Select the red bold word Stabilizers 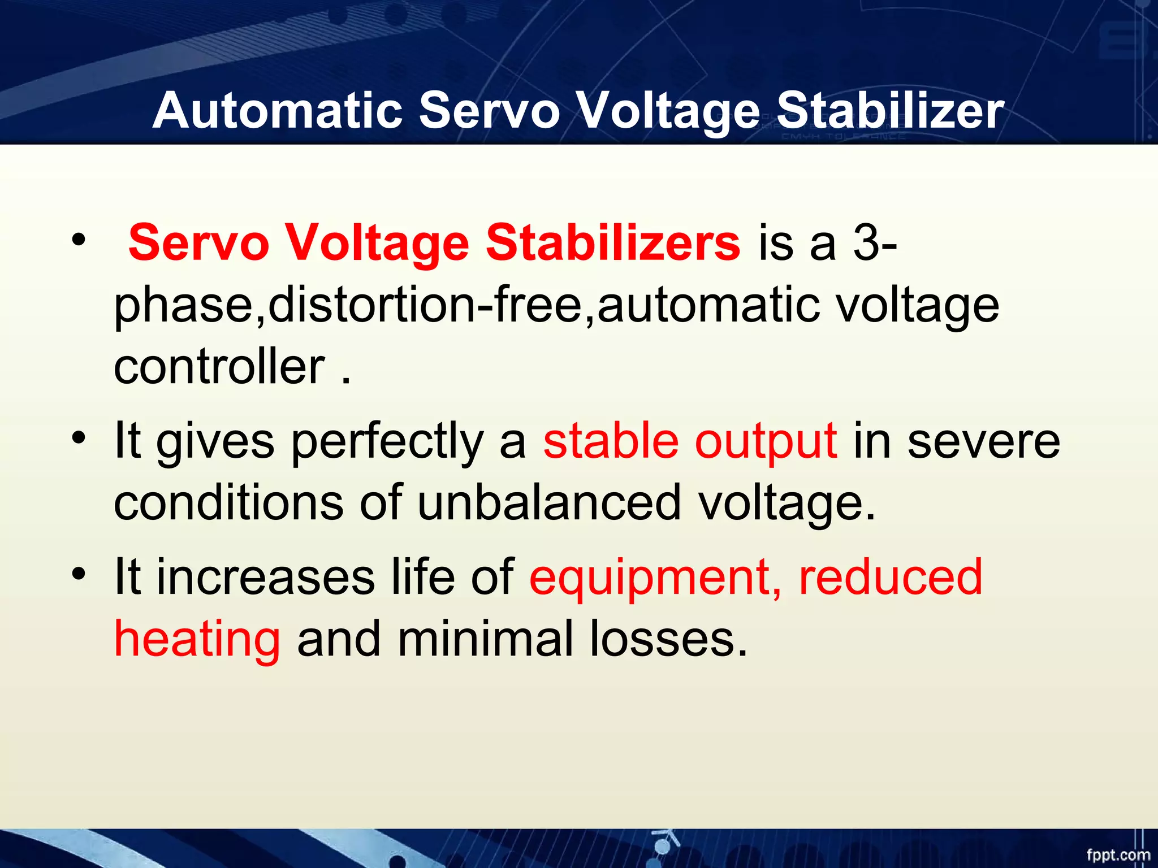pyautogui.click(x=613, y=242)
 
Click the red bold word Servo pyautogui.click(x=198, y=242)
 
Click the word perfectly pyautogui.click(x=387, y=441)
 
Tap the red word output pyautogui.click(x=766, y=442)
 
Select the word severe pyautogui.click(x=983, y=441)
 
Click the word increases pyautogui.click(x=265, y=577)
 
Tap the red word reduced pyautogui.click(x=891, y=577)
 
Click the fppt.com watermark pyautogui.click(x=1118, y=854)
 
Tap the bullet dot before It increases pyautogui.click(x=79, y=574)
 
